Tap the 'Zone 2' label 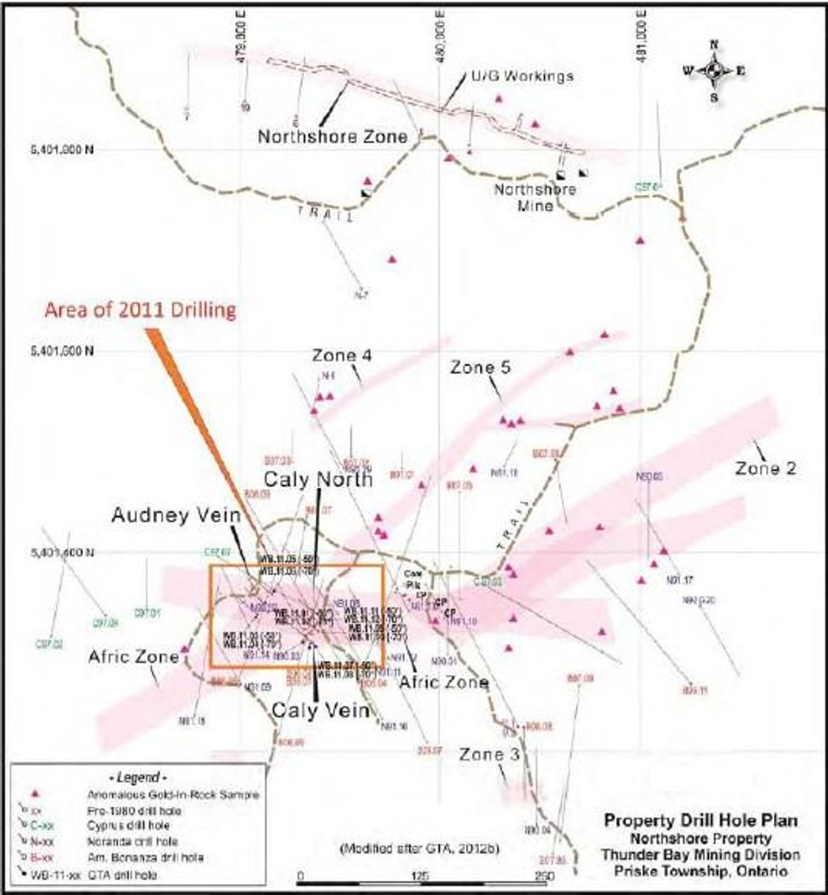(766, 467)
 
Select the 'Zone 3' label (485, 755)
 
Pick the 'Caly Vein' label (320, 711)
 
